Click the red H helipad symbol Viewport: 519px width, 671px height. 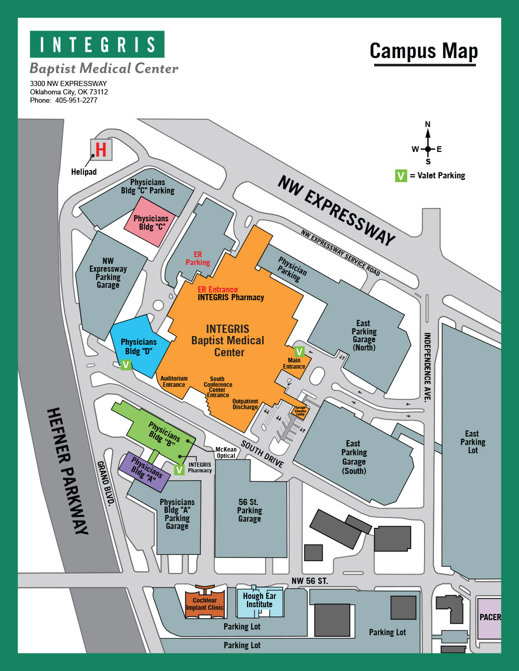click(101, 150)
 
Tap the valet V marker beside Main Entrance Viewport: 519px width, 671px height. click(299, 352)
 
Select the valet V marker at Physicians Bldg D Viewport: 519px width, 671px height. click(126, 365)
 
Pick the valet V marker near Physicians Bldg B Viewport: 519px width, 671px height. click(179, 470)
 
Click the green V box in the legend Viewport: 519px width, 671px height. click(401, 176)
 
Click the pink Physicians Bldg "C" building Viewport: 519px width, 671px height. click(149, 222)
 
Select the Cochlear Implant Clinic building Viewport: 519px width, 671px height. click(204, 603)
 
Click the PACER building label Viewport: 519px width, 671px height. click(490, 617)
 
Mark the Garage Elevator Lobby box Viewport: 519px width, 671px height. click(301, 411)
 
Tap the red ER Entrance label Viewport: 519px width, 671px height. click(218, 290)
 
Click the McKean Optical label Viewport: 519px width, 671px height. click(226, 452)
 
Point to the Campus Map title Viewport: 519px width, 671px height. click(424, 51)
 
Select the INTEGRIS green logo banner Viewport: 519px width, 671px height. click(97, 44)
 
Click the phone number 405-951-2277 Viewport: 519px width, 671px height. click(76, 101)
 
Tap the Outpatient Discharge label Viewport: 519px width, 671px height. click(245, 404)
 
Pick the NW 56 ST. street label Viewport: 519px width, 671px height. click(309, 581)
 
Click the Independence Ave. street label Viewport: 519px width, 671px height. click(427, 367)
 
